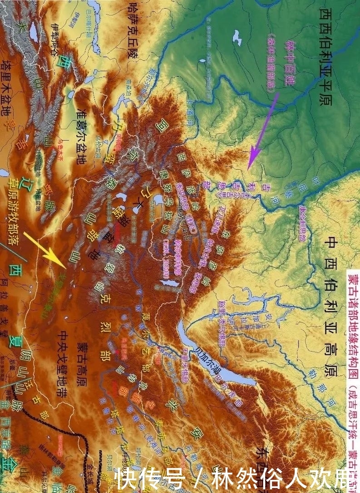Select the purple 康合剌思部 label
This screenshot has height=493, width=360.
302,222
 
